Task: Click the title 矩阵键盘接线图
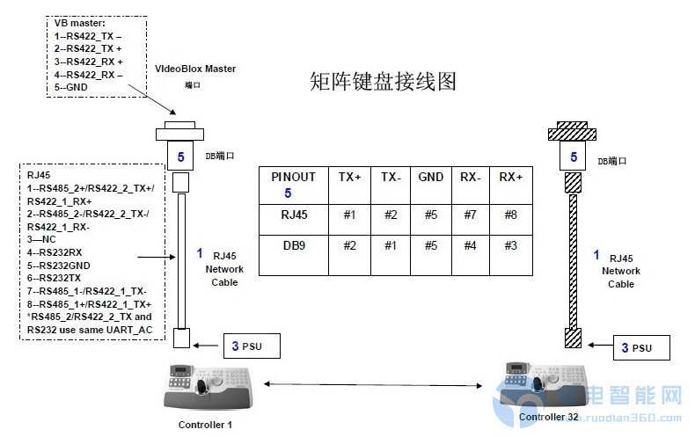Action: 384,82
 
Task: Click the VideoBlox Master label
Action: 195,69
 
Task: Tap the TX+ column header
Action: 349,176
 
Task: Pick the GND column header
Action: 431,176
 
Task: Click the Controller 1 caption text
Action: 205,425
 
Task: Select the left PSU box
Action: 252,346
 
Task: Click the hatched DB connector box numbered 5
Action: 574,157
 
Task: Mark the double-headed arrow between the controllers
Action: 372,384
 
